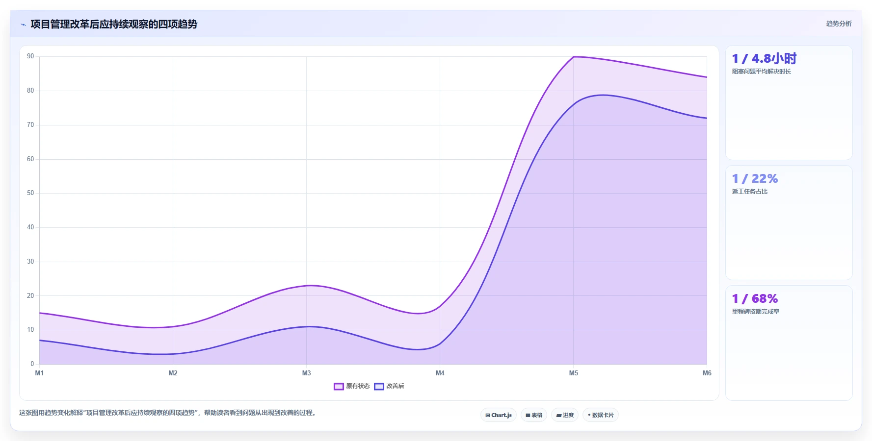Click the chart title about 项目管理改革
(x=114, y=24)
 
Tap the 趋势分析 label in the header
(x=839, y=24)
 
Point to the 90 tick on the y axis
(x=30, y=56)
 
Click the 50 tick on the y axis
(x=30, y=193)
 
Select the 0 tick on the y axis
(x=32, y=364)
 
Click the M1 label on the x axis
(x=39, y=373)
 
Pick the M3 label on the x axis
(x=306, y=373)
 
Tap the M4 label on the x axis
(x=440, y=373)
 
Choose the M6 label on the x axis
(x=707, y=373)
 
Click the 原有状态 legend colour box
(x=339, y=386)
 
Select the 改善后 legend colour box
(x=379, y=386)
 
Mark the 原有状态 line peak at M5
(x=573, y=57)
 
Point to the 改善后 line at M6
(x=707, y=118)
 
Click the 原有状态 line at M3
(x=306, y=286)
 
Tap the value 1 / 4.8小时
(x=764, y=59)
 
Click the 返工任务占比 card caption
(x=750, y=192)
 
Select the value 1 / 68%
(x=755, y=299)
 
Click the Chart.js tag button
(x=499, y=415)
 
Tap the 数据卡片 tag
(x=601, y=415)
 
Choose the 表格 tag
(x=534, y=415)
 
